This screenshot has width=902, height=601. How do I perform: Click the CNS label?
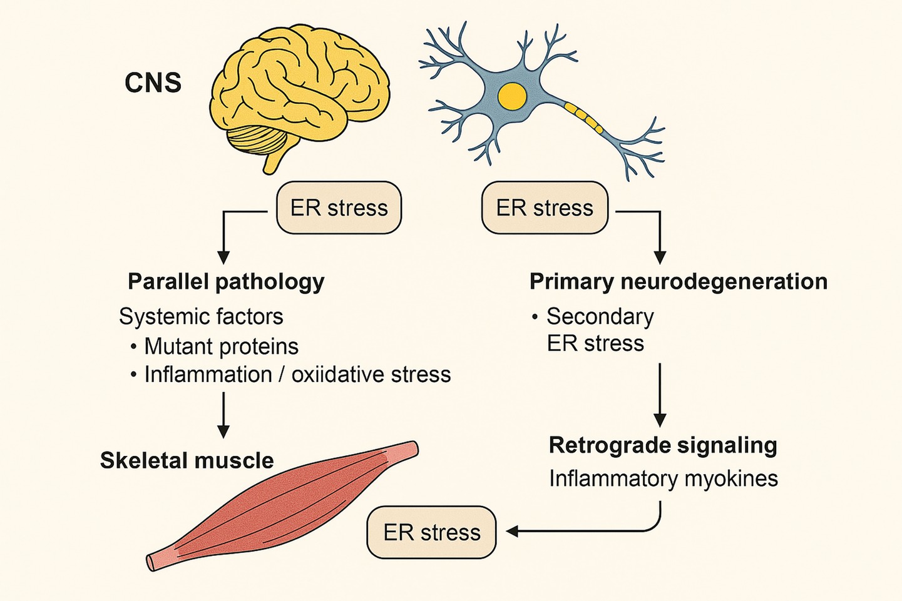153,83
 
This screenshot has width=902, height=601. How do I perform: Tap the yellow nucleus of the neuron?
512,96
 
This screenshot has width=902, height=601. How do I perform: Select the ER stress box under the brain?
339,208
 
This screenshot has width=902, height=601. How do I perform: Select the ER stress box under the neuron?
544,208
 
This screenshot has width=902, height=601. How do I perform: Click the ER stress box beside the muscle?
431,532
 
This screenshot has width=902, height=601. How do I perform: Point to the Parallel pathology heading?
226,281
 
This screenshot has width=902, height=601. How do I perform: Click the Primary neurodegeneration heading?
678,281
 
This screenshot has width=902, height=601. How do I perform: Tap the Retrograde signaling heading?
663,445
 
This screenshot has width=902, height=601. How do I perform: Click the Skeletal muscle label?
187,460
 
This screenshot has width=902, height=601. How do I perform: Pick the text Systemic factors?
201,316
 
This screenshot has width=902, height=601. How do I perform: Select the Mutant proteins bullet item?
221,346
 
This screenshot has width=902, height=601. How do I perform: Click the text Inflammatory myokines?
664,478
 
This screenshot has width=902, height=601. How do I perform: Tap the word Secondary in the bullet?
600,316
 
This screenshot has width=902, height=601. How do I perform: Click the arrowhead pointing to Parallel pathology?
223,257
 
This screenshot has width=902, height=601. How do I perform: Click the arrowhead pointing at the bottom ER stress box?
513,532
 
